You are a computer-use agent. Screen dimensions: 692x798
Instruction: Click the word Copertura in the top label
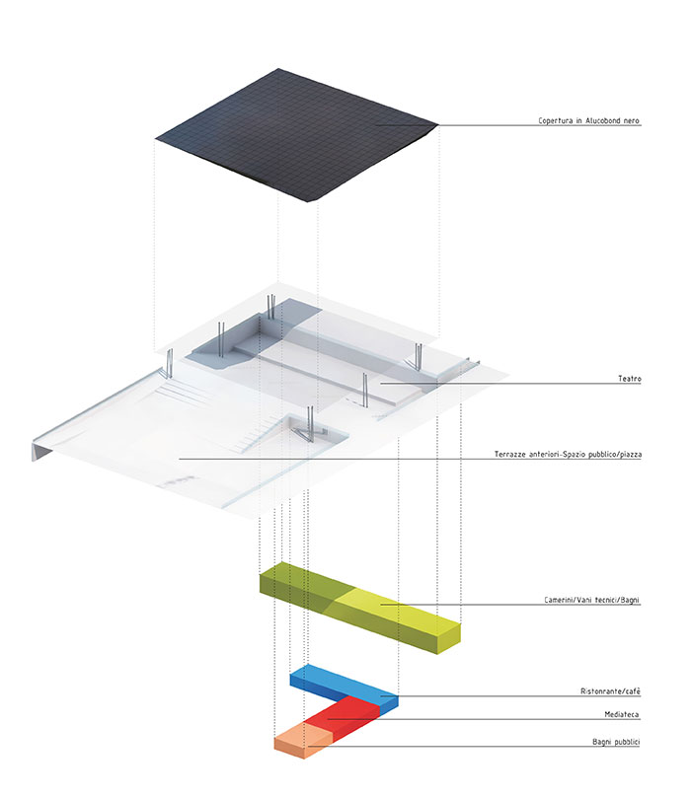556,120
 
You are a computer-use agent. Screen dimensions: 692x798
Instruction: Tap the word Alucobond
603,120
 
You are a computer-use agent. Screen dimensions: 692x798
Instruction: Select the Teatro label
630,379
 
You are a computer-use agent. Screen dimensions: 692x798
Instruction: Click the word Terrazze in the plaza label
509,454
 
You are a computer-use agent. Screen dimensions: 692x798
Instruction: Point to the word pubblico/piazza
615,454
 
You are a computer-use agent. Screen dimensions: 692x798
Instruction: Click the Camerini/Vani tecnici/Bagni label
591,600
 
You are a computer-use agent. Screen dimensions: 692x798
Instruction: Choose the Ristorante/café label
610,691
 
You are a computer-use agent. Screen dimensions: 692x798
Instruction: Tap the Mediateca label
622,714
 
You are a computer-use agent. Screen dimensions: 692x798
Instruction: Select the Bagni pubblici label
616,742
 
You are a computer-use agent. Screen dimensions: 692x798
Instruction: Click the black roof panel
297,135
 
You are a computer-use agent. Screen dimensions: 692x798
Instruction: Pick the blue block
344,688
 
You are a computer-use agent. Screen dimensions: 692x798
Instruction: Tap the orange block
303,741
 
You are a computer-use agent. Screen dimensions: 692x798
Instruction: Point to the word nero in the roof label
631,120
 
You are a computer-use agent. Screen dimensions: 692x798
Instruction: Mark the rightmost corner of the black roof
438,124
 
